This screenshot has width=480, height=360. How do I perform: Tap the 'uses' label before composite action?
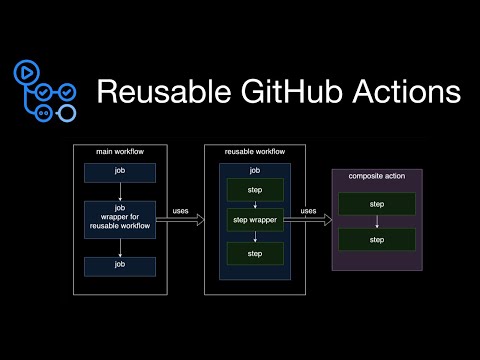(309, 211)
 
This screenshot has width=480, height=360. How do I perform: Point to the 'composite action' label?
(376, 176)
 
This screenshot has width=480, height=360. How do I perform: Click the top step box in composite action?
(376, 203)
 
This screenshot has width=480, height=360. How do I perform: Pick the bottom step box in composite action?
(376, 240)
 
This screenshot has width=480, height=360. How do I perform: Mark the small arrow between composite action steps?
(376, 221)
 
